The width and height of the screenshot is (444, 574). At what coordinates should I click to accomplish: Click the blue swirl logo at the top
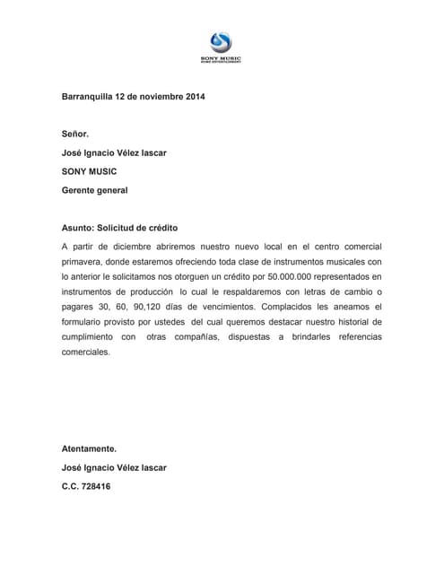tap(220, 43)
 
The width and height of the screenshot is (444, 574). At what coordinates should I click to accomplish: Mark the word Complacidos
tap(265, 307)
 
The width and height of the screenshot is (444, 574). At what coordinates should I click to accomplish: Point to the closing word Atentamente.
tap(89, 448)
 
